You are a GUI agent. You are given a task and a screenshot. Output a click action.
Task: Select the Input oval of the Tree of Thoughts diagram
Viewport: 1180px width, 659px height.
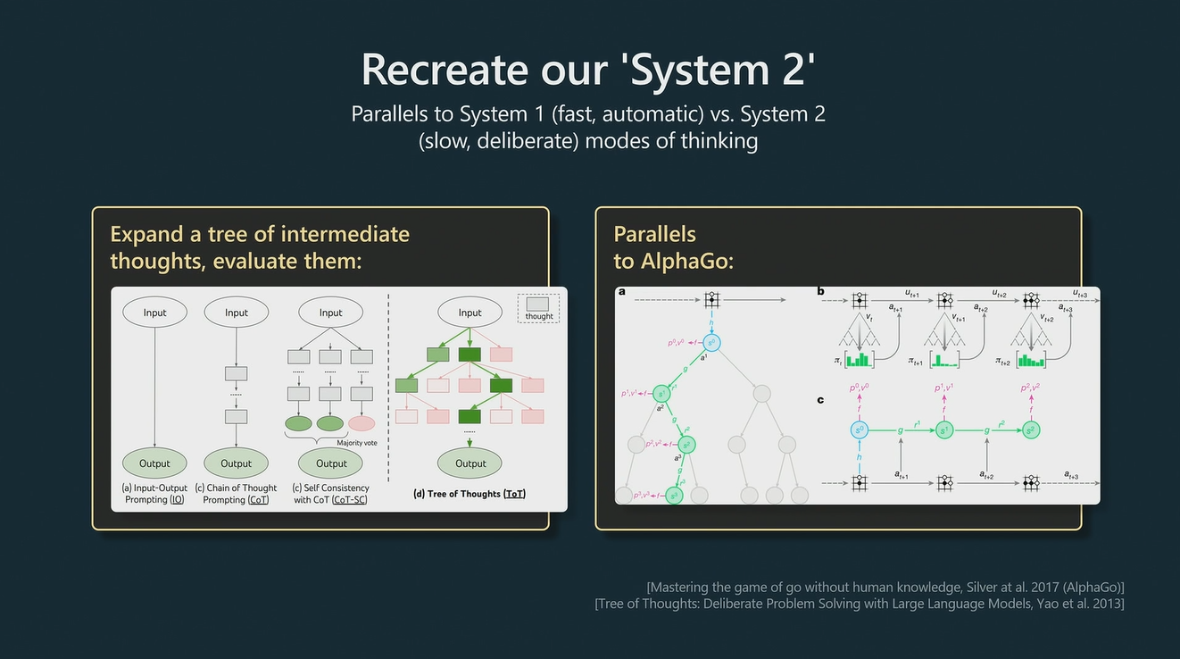pyautogui.click(x=470, y=313)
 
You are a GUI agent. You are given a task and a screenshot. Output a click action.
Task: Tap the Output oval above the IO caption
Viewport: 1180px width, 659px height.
pyautogui.click(x=154, y=463)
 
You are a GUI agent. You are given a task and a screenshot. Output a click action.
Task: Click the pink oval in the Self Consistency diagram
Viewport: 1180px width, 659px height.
pyautogui.click(x=361, y=423)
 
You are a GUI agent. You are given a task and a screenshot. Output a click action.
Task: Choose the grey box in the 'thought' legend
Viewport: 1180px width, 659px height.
pyautogui.click(x=538, y=304)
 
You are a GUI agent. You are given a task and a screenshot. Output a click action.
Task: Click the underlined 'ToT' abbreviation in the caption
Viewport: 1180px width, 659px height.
pyautogui.click(x=514, y=494)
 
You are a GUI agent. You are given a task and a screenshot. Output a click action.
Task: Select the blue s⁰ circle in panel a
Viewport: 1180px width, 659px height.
pyautogui.click(x=711, y=342)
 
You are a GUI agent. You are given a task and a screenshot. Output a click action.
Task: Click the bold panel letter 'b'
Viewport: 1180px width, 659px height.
pyautogui.click(x=820, y=291)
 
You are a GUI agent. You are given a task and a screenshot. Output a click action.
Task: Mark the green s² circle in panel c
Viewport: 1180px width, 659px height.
pyautogui.click(x=1030, y=430)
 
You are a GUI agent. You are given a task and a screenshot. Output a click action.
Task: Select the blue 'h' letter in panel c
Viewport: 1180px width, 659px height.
pyautogui.click(x=859, y=455)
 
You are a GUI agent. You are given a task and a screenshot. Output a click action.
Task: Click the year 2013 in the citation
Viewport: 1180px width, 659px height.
pyautogui.click(x=1106, y=605)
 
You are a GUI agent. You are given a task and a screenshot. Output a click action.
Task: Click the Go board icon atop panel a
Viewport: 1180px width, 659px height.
pyautogui.click(x=711, y=299)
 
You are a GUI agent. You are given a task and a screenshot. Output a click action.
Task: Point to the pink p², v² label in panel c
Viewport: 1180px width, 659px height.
pyautogui.click(x=1031, y=388)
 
